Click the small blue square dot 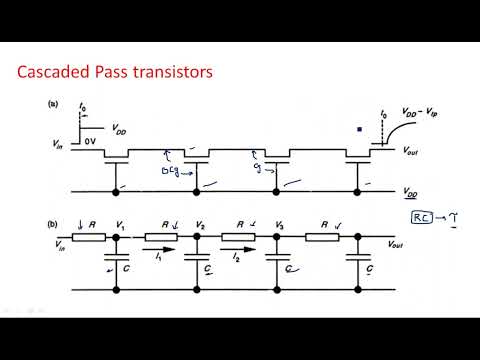tap(361, 128)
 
